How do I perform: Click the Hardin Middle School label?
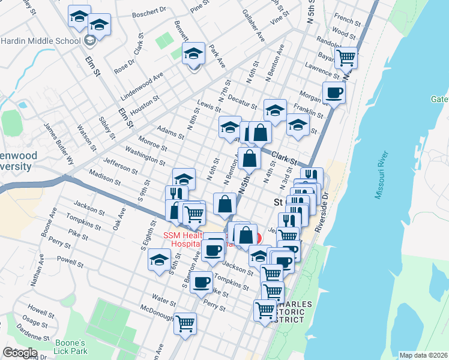click(x=40, y=41)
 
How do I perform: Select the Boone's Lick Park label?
click(x=71, y=346)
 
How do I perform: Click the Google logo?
click(x=20, y=353)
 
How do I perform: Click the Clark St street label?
click(x=284, y=158)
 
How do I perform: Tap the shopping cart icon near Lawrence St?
click(x=346, y=59)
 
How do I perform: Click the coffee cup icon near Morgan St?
click(x=334, y=92)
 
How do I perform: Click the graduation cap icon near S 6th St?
click(x=159, y=260)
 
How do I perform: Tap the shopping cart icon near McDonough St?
click(x=185, y=323)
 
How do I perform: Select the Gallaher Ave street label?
click(x=253, y=25)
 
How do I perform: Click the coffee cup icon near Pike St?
click(x=202, y=281)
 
